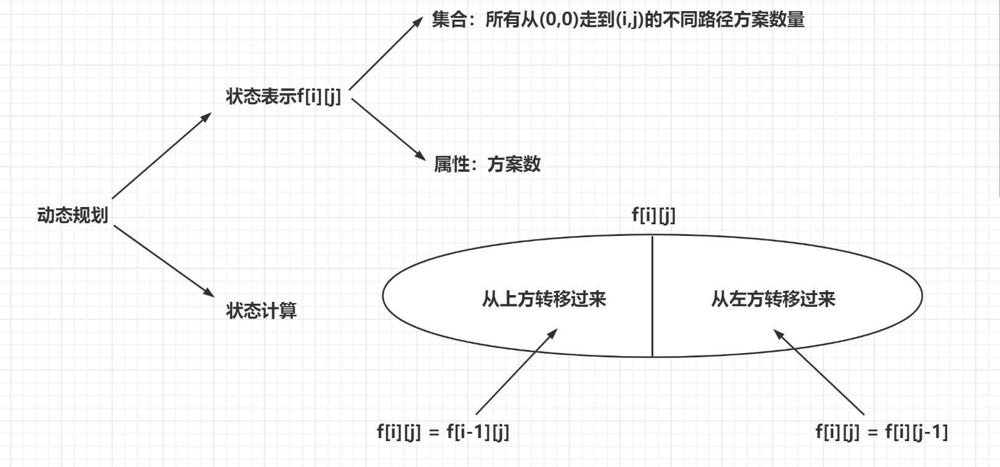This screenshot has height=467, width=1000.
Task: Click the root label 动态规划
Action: [73, 216]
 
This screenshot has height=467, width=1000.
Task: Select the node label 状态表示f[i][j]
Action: [283, 97]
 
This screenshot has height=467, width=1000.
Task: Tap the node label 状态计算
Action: [261, 310]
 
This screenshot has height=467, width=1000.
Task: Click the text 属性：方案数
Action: [487, 164]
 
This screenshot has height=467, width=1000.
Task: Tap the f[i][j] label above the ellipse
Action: [653, 215]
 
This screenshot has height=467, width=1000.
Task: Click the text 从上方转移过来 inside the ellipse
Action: [544, 299]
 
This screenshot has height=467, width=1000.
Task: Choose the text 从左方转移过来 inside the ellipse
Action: [773, 299]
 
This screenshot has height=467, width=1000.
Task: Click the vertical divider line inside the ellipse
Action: [653, 296]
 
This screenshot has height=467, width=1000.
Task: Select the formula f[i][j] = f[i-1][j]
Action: [443, 432]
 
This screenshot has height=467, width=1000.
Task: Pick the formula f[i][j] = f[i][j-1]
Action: [882, 432]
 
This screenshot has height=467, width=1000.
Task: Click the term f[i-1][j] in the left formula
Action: [478, 432]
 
